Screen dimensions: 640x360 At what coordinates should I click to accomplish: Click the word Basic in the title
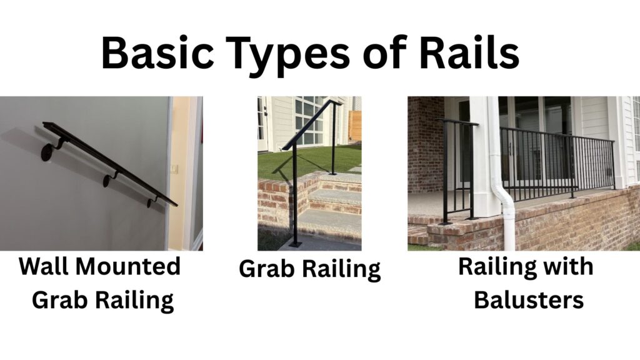coord(157,52)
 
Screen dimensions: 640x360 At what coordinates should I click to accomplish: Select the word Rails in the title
coord(469,52)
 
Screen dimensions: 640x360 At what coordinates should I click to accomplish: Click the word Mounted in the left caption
coord(128,266)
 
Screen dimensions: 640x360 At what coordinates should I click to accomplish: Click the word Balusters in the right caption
coord(529,300)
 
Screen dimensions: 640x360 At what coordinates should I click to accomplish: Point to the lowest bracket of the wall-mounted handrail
coord(151,202)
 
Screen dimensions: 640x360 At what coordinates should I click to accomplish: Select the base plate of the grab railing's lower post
coord(296,245)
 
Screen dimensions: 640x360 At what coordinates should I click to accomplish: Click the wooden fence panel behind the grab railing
coord(355,125)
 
